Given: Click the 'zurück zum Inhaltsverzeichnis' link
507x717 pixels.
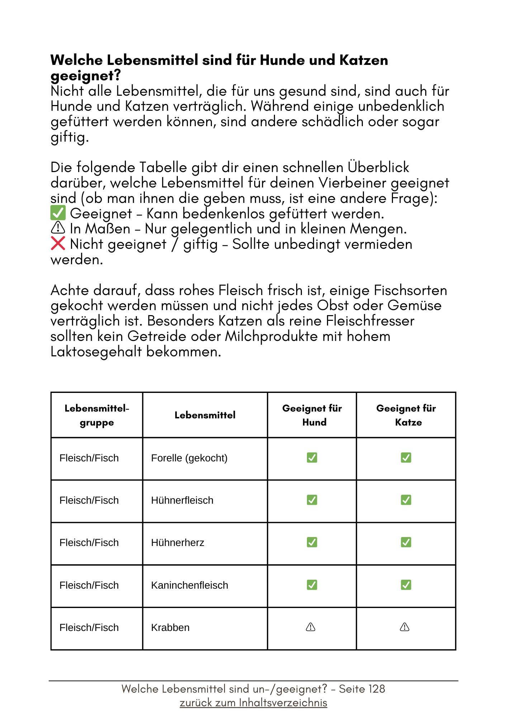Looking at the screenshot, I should click(x=253, y=703).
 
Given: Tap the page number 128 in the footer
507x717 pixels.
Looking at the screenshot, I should click(x=376, y=689).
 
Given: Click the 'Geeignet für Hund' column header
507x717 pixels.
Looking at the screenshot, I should click(x=312, y=415).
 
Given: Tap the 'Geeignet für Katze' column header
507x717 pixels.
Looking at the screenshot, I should click(x=406, y=415).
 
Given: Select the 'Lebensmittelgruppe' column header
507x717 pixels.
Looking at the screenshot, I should click(x=97, y=415).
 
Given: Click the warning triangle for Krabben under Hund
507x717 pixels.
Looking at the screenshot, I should click(x=311, y=627).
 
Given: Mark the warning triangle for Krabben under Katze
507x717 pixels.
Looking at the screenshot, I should click(x=404, y=627).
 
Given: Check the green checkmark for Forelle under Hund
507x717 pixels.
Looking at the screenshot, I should click(x=312, y=458).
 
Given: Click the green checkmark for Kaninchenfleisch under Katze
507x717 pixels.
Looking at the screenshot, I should click(x=406, y=585).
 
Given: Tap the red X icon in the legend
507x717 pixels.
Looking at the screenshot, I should click(x=58, y=243).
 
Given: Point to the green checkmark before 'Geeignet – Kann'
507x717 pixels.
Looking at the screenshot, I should click(x=58, y=213).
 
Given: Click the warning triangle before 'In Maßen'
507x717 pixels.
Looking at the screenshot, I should click(x=58, y=228).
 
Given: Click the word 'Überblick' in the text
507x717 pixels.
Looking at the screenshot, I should click(x=378, y=167).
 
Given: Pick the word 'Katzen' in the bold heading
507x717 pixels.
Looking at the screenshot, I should click(x=364, y=60).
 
